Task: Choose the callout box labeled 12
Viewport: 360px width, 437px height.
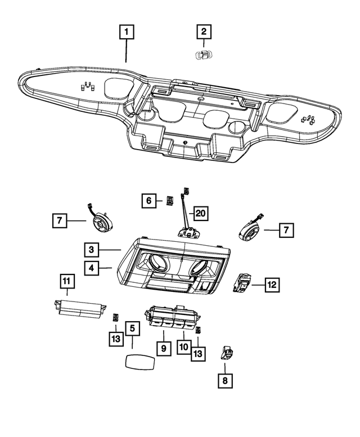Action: click(x=271, y=285)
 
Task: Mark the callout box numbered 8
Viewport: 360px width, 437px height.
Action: click(x=225, y=381)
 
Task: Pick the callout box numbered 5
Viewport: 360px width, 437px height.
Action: click(x=132, y=328)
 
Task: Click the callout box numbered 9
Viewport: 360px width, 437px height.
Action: click(x=163, y=349)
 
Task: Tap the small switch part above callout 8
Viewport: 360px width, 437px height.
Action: click(x=227, y=353)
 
